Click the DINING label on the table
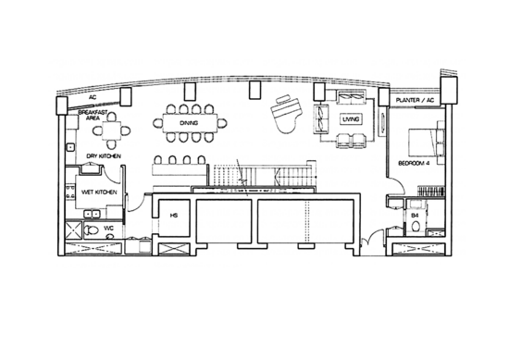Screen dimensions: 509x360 click(189, 123)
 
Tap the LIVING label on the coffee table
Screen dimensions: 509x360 click(351, 119)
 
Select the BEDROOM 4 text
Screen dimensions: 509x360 click(414, 163)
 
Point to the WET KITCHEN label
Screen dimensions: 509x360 click(99, 192)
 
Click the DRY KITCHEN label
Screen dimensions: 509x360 click(104, 156)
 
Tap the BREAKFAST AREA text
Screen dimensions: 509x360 click(93, 116)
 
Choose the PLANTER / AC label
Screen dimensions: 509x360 click(415, 100)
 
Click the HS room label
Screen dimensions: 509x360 click(174, 216)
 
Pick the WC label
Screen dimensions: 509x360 click(108, 229)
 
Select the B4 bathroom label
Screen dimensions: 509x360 click(415, 216)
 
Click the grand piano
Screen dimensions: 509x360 click(287, 114)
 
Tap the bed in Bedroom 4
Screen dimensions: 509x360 click(427, 143)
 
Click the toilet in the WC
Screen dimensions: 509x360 click(92, 230)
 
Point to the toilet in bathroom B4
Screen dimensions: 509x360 click(416, 226)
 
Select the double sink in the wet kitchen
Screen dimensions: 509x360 click(93, 214)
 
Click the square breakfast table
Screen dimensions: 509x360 click(111, 130)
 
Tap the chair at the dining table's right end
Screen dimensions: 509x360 click(222, 123)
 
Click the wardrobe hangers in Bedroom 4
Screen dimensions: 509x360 click(430, 191)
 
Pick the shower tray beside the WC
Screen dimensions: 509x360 click(74, 230)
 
